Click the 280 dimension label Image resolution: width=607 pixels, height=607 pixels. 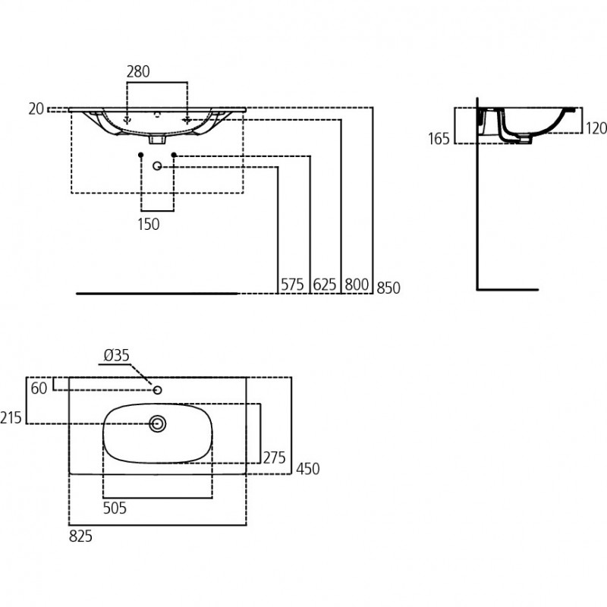[138, 71]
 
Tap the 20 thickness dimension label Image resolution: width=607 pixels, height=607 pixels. [36, 109]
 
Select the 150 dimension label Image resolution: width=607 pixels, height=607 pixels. [149, 224]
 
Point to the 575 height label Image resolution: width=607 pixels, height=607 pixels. [292, 285]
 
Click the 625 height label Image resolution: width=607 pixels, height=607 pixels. [325, 285]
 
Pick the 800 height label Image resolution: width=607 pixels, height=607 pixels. [357, 285]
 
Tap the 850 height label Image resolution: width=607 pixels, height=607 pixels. [388, 288]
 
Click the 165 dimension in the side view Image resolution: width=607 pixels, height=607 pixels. [439, 139]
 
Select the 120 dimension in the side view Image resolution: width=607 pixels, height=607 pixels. [596, 128]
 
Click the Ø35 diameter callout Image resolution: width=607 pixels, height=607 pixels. [117, 355]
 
